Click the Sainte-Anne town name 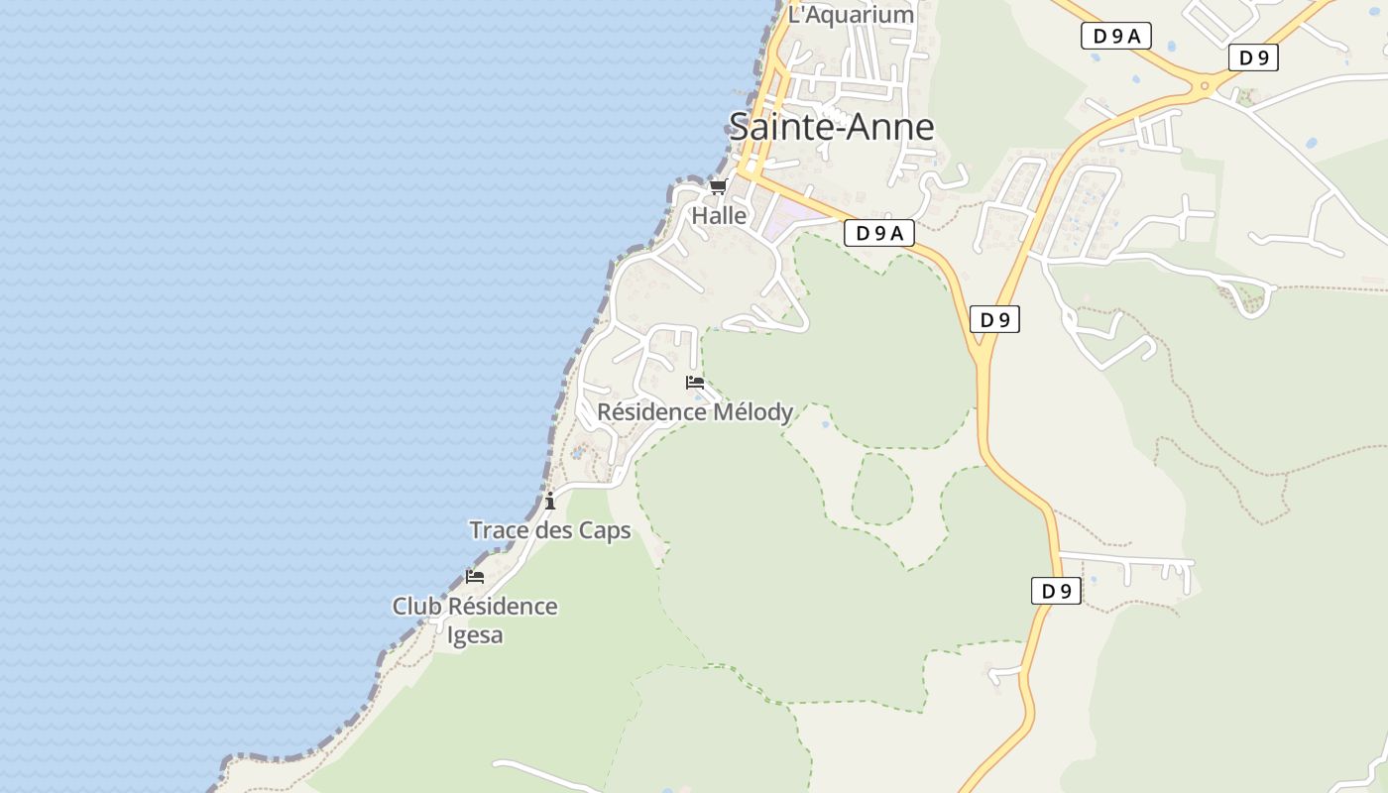[831, 127]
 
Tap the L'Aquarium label [850, 15]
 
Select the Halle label [719, 215]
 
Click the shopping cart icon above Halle [718, 186]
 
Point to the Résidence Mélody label [695, 411]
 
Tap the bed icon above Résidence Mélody [695, 383]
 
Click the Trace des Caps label [549, 530]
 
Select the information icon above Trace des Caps [550, 502]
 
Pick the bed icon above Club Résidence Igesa [475, 577]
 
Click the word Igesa [475, 634]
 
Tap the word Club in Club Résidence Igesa [415, 606]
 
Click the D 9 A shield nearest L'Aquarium [1115, 37]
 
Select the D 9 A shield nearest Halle [878, 233]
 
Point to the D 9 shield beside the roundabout [1253, 57]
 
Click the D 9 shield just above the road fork [994, 319]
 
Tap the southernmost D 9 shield [1056, 592]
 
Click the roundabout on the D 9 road [1205, 86]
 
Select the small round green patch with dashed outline [881, 489]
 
